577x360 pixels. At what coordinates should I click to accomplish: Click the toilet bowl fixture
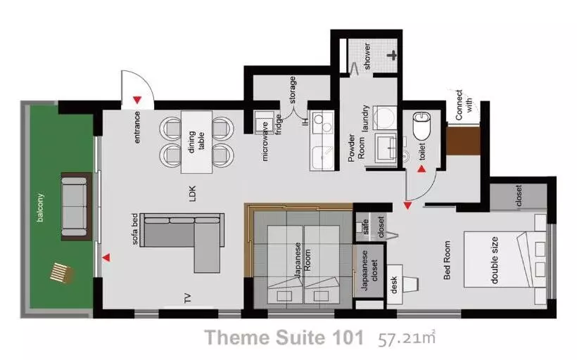421,126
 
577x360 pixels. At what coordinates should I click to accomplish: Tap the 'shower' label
367,56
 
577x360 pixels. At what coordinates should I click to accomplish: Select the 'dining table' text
196,141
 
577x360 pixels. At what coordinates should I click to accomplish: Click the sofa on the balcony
76,206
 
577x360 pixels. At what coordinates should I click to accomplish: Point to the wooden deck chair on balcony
61,273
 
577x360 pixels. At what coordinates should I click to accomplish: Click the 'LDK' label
193,193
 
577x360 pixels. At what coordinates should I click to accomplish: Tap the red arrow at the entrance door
137,99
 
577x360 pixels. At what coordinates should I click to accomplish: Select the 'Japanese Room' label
303,260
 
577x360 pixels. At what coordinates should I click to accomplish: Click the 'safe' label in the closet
365,226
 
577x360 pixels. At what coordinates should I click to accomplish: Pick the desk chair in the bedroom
411,284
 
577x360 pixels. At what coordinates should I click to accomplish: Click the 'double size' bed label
494,260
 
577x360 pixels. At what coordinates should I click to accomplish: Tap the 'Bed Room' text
447,260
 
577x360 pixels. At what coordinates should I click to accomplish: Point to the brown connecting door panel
463,141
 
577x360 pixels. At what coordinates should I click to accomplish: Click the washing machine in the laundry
385,117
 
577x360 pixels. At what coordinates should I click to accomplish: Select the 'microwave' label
265,141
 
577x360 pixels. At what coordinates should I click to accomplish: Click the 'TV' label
188,298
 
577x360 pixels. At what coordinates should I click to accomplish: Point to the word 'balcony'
40,207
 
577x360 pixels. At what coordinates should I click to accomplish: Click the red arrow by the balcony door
106,258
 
